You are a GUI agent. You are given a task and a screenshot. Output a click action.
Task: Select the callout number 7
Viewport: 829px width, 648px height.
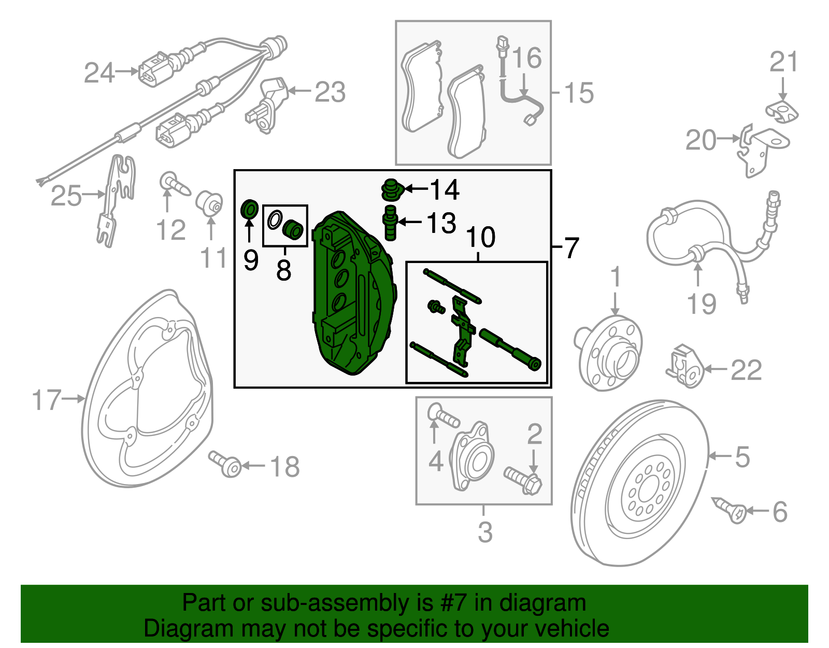click(x=571, y=248)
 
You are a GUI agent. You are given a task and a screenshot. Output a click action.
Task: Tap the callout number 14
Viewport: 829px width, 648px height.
click(x=444, y=190)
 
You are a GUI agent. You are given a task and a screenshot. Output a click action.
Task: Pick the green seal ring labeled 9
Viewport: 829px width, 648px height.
click(x=250, y=210)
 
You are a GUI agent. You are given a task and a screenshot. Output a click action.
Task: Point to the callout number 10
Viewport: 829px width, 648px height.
click(x=481, y=238)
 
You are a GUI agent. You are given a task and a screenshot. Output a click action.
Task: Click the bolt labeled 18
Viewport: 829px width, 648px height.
click(x=226, y=464)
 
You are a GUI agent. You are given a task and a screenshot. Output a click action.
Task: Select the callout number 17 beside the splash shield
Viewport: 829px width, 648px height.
click(x=47, y=400)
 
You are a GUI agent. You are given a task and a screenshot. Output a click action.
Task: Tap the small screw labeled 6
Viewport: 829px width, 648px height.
click(x=731, y=511)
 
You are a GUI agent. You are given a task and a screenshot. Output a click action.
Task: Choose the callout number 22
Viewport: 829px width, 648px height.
click(x=746, y=370)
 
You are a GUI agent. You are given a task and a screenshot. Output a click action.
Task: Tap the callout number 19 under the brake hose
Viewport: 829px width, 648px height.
click(x=701, y=304)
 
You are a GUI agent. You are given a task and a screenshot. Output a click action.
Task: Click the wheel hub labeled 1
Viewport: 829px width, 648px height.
click(x=611, y=353)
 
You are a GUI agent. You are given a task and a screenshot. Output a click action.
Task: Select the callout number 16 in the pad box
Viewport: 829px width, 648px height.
click(x=527, y=58)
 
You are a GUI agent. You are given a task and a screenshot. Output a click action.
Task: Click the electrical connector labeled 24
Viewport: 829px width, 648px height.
click(x=153, y=72)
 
